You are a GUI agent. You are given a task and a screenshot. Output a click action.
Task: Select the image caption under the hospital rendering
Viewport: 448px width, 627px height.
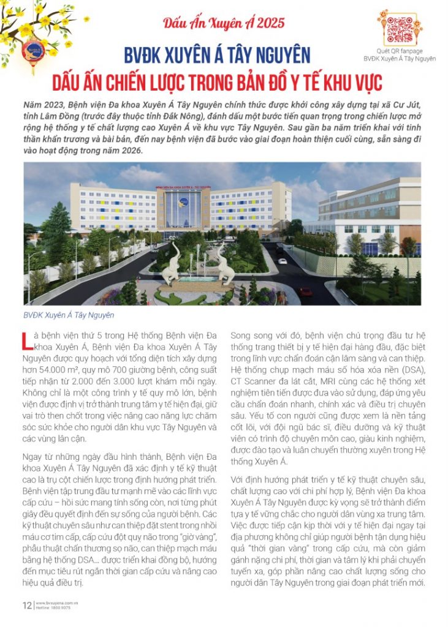[x=69, y=315]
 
